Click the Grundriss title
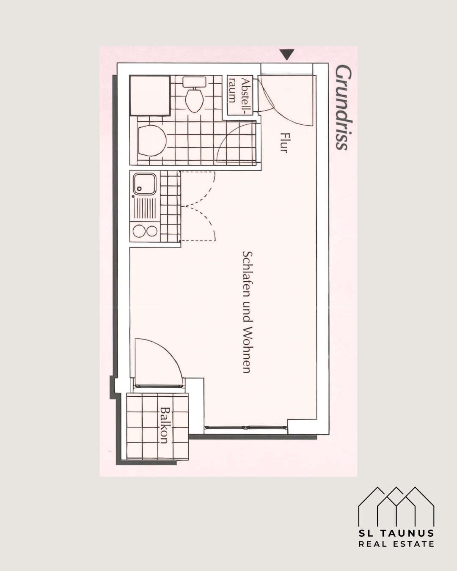coord(344,108)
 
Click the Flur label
coord(284,143)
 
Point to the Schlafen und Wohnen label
coord(247,312)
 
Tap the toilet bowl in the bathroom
coord(194,100)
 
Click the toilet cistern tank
coord(194,82)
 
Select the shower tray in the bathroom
coord(150,96)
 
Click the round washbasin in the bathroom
coord(152,141)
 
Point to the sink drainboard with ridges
coord(145,209)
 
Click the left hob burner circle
coord(139,231)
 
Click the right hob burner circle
coord(152,231)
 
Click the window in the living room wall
coord(245,428)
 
